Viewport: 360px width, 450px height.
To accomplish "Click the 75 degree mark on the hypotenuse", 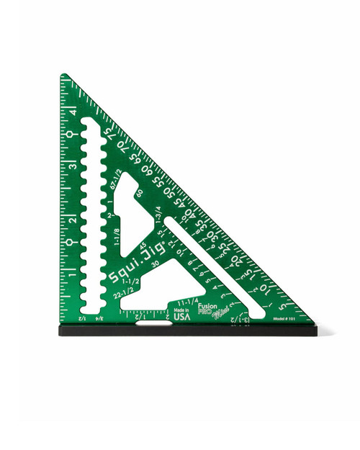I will [110, 135].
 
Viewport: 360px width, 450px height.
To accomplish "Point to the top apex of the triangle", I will [64, 76].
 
